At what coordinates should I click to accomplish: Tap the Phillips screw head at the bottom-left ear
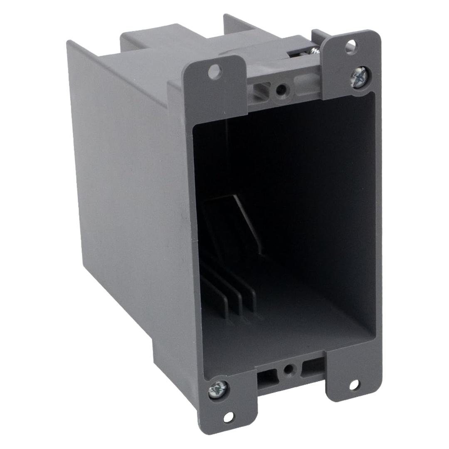tap(218, 389)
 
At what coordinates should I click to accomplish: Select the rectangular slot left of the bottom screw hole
tap(265, 377)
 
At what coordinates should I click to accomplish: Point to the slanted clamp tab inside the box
tap(247, 224)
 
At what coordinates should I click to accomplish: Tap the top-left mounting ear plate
tap(215, 91)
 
